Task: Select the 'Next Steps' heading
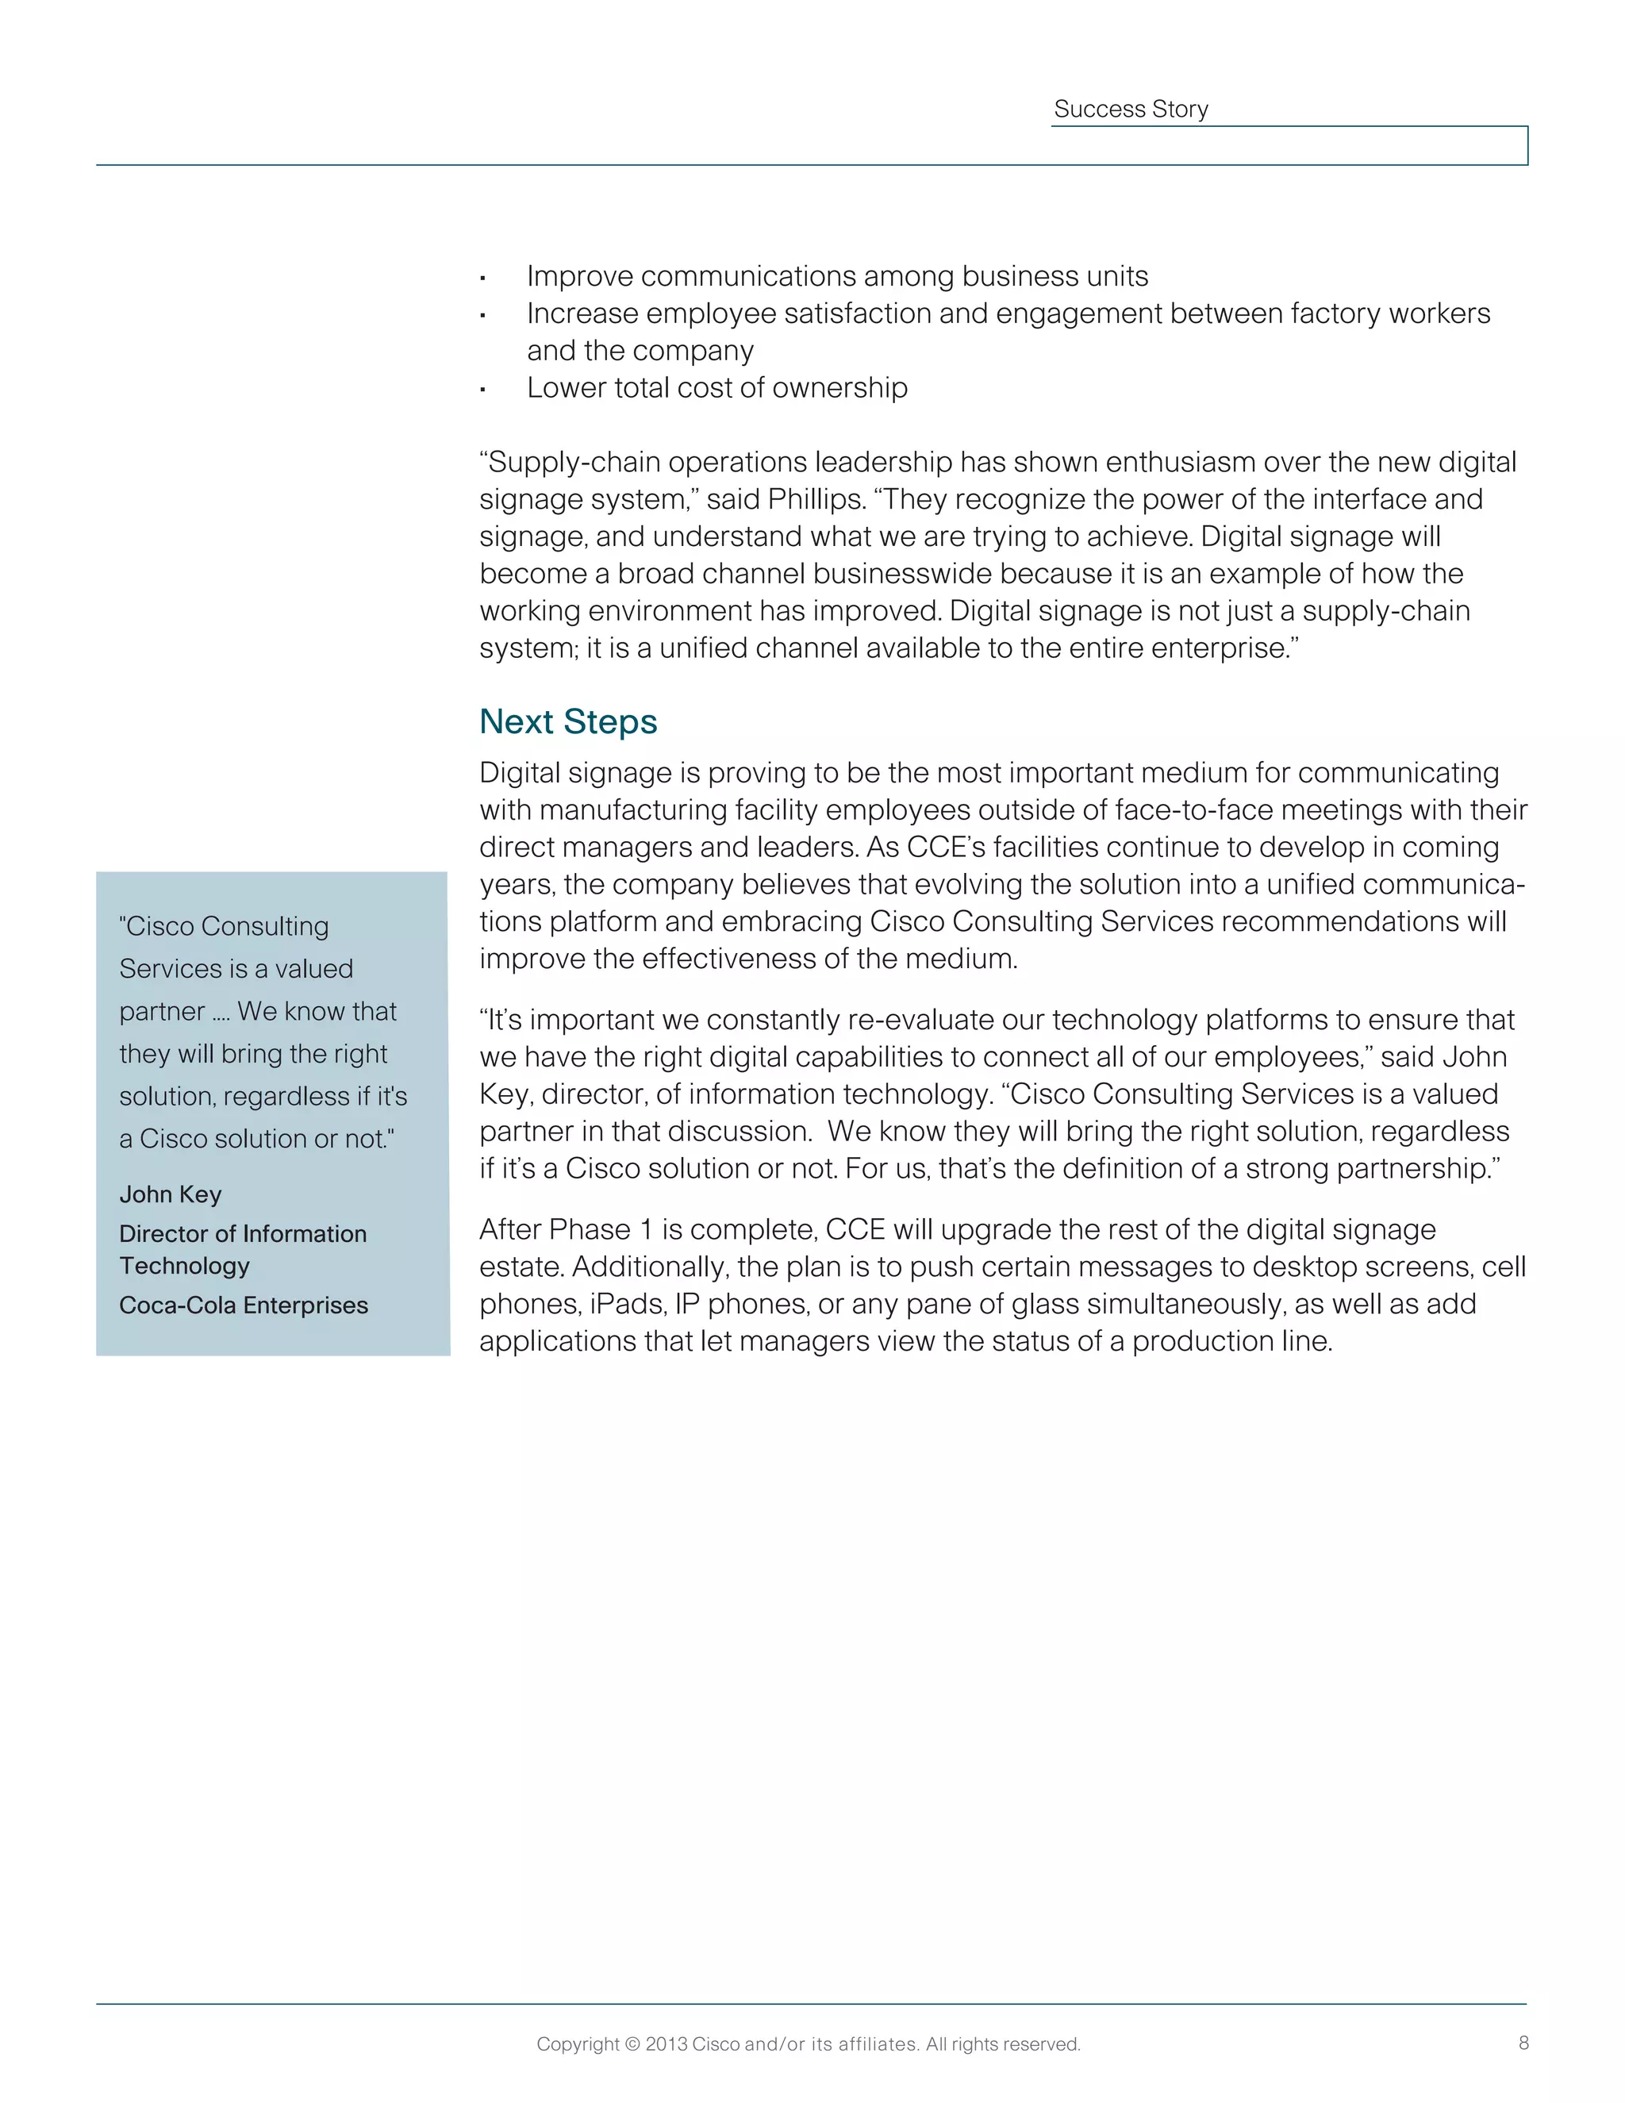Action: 568,721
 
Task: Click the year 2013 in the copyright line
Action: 667,2043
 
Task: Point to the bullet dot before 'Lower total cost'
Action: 483,390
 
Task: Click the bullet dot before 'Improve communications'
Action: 483,279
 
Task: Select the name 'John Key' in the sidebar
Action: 171,1194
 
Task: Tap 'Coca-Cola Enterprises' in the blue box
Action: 244,1305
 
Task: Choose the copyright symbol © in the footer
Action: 632,2043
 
